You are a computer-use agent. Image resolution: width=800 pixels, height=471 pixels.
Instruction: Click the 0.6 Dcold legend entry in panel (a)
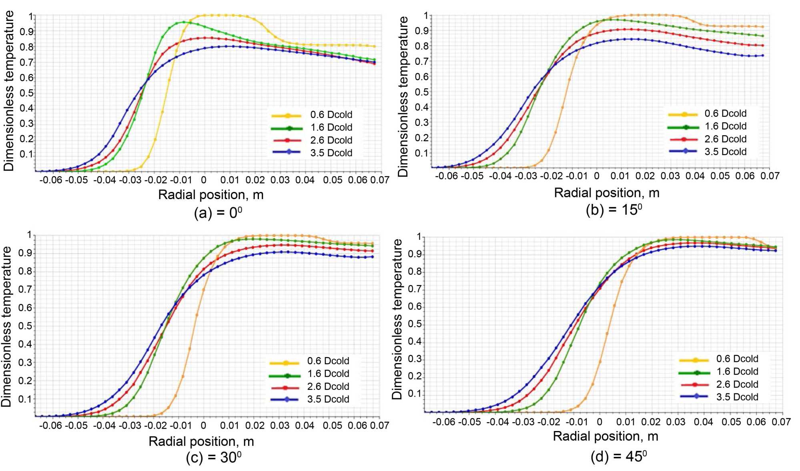[x=331, y=115]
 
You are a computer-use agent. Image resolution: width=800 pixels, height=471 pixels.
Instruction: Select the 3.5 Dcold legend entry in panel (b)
[x=725, y=152]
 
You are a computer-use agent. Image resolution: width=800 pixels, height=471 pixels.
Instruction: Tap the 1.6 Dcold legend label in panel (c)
[x=328, y=374]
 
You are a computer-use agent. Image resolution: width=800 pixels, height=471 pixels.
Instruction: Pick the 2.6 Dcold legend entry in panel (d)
[x=737, y=384]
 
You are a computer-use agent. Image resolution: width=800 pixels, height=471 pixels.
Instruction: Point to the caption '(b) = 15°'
[x=614, y=210]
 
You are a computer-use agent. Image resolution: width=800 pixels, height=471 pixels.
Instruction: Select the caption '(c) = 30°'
[x=214, y=457]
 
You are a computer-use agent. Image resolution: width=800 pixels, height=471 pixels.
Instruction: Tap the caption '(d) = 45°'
[x=619, y=456]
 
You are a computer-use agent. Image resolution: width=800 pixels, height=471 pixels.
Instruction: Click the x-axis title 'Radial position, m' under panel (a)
[x=211, y=195]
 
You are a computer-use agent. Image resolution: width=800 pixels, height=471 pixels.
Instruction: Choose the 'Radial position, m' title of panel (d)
[x=606, y=436]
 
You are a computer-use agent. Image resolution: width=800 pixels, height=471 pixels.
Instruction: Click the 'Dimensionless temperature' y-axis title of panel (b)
[x=403, y=96]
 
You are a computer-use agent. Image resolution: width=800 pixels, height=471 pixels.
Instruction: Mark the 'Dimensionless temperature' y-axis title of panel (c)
[x=6, y=326]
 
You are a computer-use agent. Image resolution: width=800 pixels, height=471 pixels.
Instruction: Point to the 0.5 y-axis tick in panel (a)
[x=27, y=93]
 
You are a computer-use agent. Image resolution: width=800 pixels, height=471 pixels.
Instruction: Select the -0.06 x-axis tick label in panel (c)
[x=51, y=425]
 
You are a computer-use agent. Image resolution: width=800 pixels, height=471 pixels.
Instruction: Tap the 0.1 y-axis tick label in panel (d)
[x=415, y=394]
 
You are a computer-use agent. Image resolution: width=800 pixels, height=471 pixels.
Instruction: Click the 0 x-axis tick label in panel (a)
[x=204, y=180]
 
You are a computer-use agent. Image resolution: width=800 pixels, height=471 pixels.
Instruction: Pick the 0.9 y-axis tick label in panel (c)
[x=25, y=253]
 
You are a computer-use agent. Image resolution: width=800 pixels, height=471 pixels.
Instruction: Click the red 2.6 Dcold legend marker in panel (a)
[x=287, y=140]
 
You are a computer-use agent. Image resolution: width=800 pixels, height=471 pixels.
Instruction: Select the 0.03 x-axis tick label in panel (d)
[x=676, y=422]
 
